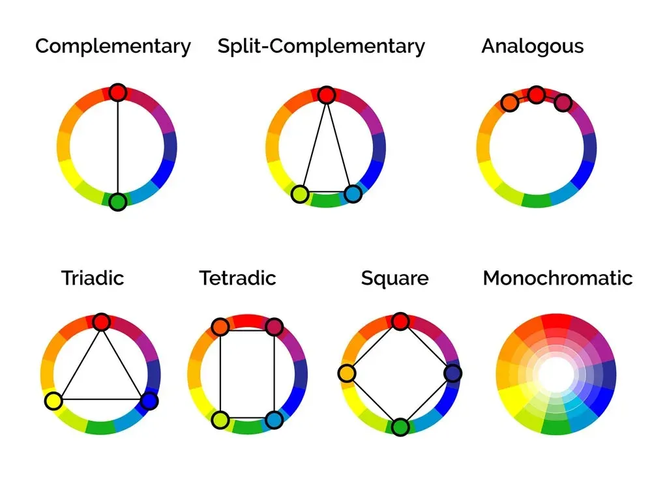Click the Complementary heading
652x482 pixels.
[113, 46]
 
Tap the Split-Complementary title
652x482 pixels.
[321, 46]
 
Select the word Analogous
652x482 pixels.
[532, 46]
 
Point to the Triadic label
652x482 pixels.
[93, 278]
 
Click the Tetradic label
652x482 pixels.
[237, 278]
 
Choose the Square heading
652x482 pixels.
[394, 279]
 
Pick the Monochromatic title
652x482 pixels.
[557, 278]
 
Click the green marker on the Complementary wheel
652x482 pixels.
[117, 202]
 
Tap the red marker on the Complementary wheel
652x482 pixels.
[117, 92]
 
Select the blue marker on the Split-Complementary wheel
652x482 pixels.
[353, 194]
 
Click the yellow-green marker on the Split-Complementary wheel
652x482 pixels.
[300, 194]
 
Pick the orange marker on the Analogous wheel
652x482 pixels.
[510, 102]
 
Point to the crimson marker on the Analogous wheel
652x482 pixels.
[563, 102]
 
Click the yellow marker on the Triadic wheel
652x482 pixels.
[53, 401]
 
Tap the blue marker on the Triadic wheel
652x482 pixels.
[149, 401]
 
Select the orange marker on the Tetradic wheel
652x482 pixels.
[220, 327]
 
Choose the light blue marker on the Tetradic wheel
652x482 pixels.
[274, 420]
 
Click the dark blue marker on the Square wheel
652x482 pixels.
[453, 373]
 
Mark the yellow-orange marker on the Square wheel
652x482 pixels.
[347, 373]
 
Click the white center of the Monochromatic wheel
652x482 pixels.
[556, 374]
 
